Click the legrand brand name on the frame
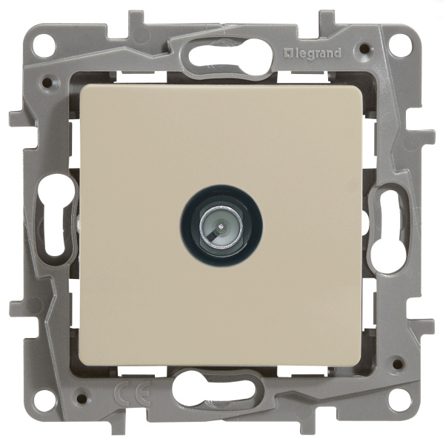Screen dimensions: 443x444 click(313, 53)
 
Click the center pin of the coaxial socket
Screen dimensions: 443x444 click(220, 226)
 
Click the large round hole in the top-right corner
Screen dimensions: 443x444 click(399, 44)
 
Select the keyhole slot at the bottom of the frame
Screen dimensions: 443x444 click(217, 388)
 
